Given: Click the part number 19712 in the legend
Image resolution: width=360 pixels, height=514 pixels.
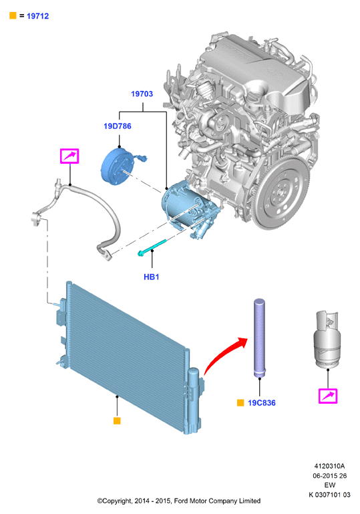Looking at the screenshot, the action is point(37,16).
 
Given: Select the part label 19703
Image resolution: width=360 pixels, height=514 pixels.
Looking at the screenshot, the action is point(142,94).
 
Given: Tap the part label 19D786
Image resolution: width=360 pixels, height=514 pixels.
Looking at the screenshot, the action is point(118,126).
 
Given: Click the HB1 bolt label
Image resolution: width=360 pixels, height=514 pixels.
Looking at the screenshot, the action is point(152,277).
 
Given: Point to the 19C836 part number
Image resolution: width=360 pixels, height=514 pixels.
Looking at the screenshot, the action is point(262,403).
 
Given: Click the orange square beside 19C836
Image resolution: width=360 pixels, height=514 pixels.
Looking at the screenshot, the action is point(240,403).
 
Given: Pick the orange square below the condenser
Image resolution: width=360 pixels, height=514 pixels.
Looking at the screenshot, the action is point(117,420).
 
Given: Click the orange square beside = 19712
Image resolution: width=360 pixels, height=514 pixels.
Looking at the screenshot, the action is point(13,16).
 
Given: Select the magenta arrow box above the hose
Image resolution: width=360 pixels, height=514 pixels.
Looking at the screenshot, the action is point(69,156).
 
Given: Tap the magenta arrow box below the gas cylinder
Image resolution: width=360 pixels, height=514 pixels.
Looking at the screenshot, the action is point(328,396).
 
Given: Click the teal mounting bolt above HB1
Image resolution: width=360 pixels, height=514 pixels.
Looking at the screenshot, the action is point(152,247).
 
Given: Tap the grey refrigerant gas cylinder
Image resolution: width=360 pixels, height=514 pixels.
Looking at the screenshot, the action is point(327,340).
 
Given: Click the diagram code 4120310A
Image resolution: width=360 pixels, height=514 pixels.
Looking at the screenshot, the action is point(329,466).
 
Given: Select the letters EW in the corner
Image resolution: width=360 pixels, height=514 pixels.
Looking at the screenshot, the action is point(329,485).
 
